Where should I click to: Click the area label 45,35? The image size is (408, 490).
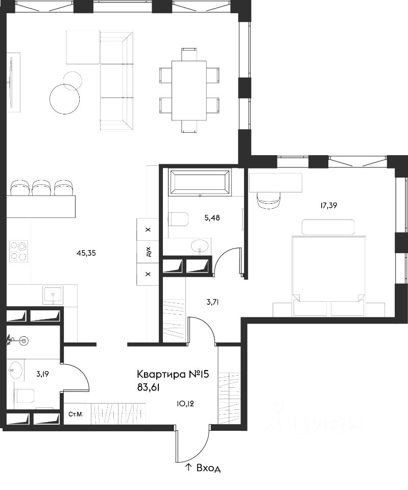[x=86, y=253]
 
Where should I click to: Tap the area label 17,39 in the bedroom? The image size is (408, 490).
[x=328, y=206]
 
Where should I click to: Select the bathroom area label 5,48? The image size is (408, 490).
[x=212, y=218]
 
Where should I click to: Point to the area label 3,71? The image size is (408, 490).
[x=212, y=302]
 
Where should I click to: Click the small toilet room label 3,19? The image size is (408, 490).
[x=42, y=374]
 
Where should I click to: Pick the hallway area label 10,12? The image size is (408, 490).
[x=185, y=404]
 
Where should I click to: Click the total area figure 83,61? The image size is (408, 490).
[x=148, y=388]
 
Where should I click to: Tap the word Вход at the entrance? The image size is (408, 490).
[x=208, y=468]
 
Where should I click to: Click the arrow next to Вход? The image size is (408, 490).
[x=188, y=468]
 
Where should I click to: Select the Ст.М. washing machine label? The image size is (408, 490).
[x=76, y=414]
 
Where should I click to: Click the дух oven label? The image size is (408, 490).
[x=148, y=252]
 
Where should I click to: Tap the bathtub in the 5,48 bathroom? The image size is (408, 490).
[x=200, y=182]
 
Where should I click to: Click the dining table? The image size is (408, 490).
[x=189, y=91]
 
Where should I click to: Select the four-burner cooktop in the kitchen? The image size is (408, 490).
[x=18, y=251]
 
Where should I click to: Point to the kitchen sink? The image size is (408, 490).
[x=53, y=295]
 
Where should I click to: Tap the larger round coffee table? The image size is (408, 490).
[x=64, y=99]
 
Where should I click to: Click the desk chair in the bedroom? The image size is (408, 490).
[x=269, y=200]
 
